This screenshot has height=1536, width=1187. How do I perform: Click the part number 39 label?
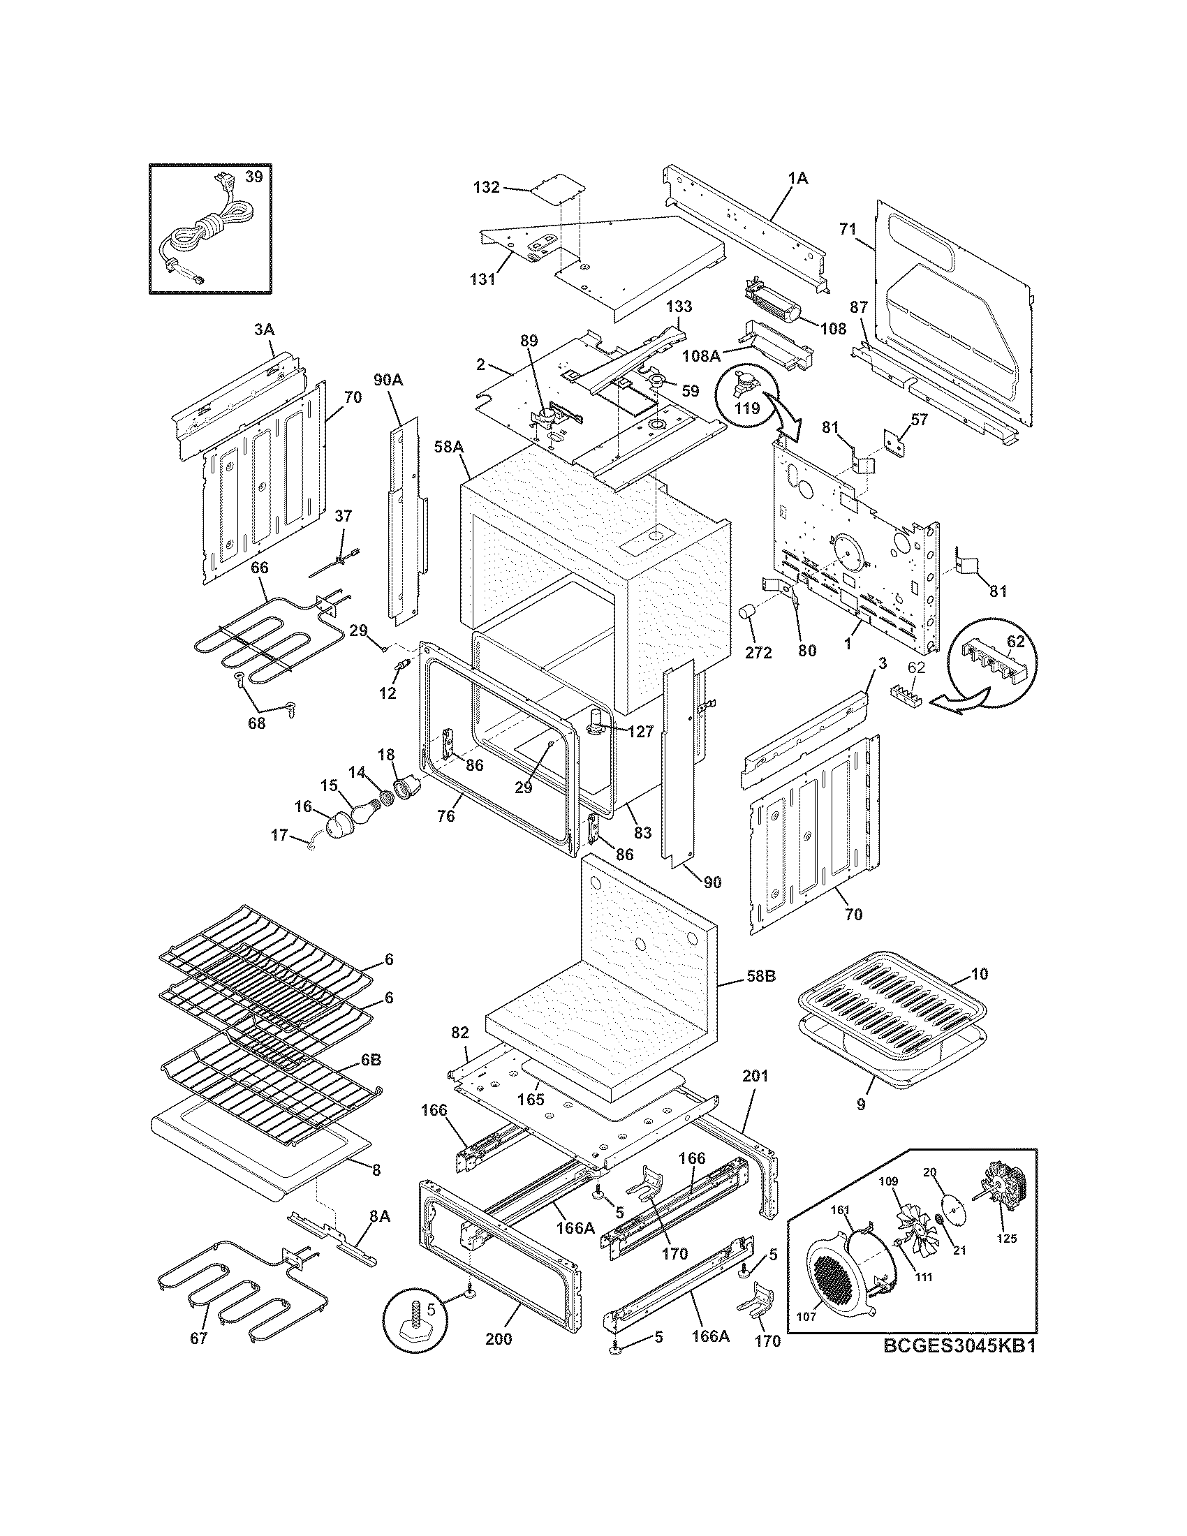tap(254, 177)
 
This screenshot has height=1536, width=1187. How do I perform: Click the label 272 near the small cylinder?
tap(758, 652)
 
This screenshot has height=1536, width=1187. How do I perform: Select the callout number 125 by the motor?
tap(1006, 1258)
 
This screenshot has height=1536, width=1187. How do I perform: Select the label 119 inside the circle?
tap(747, 408)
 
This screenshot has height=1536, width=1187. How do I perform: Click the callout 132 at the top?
tap(486, 187)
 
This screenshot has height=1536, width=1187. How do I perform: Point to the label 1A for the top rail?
tap(798, 179)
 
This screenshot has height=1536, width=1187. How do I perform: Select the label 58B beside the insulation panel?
tap(760, 977)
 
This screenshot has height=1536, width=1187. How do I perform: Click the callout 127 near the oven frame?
tap(640, 732)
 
